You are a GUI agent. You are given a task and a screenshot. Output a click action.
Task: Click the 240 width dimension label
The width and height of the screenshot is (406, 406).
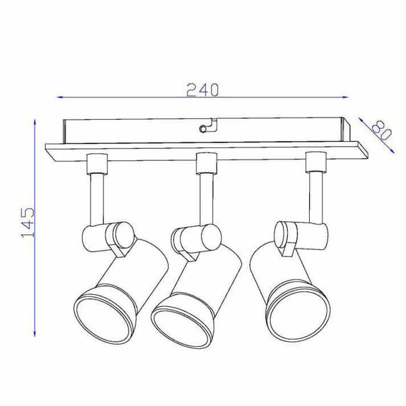pos(203,90)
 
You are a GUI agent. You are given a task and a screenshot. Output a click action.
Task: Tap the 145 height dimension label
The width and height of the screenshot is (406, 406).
pos(28,222)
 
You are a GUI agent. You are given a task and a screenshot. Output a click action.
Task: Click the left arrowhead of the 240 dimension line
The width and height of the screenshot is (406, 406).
pos(60,98)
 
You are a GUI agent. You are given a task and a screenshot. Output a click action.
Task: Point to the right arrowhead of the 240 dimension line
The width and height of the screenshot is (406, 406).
pos(345,98)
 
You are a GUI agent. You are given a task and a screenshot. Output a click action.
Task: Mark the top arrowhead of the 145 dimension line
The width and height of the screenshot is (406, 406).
pos(35,123)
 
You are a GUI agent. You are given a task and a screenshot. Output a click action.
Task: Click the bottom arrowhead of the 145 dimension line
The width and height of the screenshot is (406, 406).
pos(35,333)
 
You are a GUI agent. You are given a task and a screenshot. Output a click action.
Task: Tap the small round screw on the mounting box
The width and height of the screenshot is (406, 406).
pos(203,128)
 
